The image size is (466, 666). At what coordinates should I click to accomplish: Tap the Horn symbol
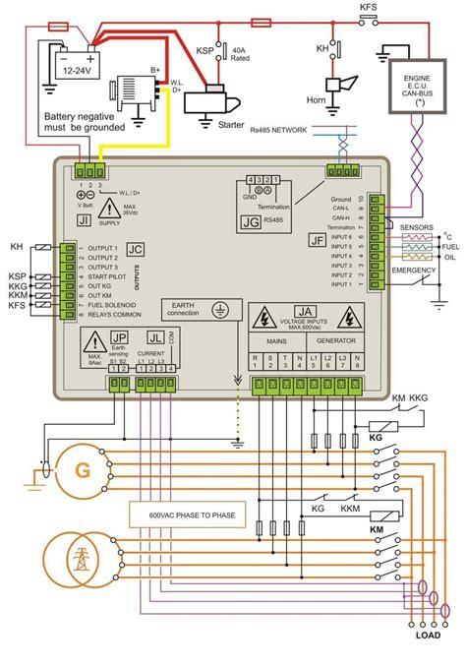341,87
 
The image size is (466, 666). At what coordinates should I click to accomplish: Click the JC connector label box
136,250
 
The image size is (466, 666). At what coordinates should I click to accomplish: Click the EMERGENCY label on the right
414,270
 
